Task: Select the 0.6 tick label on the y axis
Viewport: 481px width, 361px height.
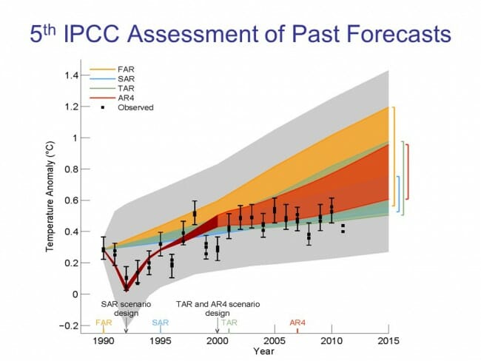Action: pos(70,200)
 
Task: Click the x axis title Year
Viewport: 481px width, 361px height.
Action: pos(246,352)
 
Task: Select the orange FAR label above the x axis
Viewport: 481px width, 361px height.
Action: pos(104,323)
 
